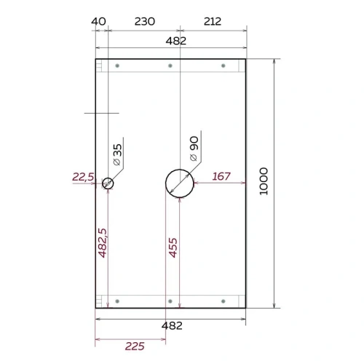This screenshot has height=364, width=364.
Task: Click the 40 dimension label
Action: pyautogui.click(x=98, y=21)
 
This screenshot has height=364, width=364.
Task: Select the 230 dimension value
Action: pyautogui.click(x=145, y=21)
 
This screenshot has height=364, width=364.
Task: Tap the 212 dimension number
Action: pyautogui.click(x=213, y=21)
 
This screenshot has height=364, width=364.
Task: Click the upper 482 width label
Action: pyautogui.click(x=176, y=41)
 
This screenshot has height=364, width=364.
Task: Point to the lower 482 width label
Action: pyautogui.click(x=172, y=325)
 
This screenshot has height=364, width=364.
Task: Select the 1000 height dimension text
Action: pyautogui.click(x=264, y=181)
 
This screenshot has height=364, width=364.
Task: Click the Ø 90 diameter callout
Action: pyautogui.click(x=194, y=149)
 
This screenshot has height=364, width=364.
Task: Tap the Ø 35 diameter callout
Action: pyautogui.click(x=117, y=155)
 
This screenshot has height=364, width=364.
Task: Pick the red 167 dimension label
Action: pyautogui.click(x=221, y=176)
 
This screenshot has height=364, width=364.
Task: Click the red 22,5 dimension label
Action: pyautogui.click(x=83, y=177)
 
